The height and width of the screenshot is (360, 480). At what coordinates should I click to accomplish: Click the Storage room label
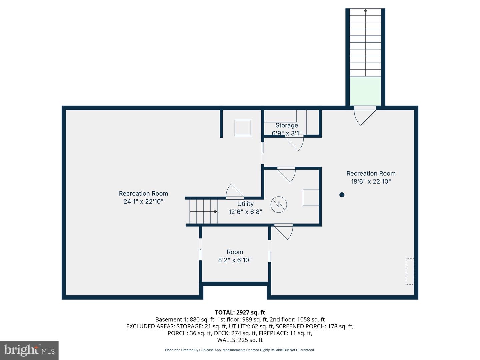click(x=287, y=125)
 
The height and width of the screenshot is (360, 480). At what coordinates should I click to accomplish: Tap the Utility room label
click(x=245, y=204)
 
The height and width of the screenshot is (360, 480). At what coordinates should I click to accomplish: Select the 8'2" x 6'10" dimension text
click(x=235, y=260)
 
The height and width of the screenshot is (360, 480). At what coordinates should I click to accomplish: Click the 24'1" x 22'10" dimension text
click(x=143, y=201)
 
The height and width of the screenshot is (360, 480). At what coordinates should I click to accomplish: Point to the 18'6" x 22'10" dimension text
click(x=371, y=181)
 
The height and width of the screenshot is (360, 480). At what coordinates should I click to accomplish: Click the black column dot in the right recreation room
click(x=342, y=195)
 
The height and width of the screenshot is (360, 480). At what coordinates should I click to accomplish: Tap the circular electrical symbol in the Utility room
click(x=279, y=204)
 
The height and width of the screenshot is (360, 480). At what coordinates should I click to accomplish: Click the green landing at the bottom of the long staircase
click(x=365, y=91)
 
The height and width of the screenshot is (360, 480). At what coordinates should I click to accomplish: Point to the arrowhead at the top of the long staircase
click(x=365, y=10)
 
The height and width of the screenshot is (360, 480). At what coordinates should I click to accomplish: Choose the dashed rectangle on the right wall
click(x=410, y=271)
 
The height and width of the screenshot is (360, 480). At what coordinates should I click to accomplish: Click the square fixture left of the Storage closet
click(x=243, y=128)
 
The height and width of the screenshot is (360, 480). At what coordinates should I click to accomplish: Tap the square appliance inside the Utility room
click(x=311, y=198)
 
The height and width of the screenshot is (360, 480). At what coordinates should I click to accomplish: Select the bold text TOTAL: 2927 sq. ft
click(x=240, y=312)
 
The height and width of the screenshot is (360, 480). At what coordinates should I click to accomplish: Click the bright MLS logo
click(x=29, y=350)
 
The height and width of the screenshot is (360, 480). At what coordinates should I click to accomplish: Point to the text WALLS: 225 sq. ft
click(x=240, y=340)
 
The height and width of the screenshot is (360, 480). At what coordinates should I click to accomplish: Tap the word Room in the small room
click(x=235, y=252)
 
